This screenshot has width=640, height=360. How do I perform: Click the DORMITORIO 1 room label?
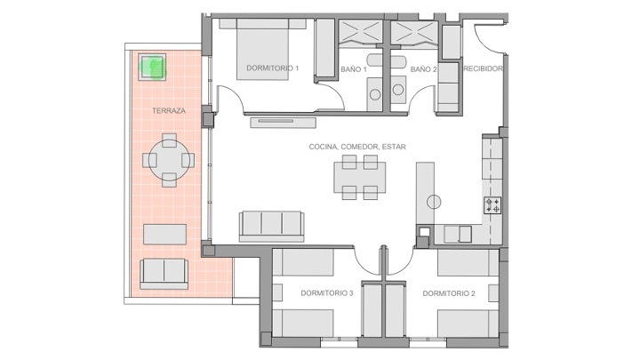click(272, 68)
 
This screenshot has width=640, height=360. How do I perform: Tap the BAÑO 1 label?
click(354, 69)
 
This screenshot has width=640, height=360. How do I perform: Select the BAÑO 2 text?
click(423, 69)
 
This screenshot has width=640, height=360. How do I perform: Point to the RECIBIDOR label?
click(484, 68)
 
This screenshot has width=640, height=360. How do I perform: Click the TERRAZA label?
click(169, 110)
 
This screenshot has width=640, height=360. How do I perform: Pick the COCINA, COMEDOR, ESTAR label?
click(357, 147)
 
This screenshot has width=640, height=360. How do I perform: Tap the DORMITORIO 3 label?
click(327, 293)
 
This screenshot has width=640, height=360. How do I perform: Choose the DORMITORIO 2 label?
click(449, 293)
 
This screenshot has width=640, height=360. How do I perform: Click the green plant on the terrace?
click(152, 67)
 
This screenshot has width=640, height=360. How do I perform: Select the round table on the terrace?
click(169, 160)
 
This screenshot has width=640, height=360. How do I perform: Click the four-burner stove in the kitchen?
click(492, 205)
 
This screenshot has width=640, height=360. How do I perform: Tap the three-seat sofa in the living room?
click(271, 226)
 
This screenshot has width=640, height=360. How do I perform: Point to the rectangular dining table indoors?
click(360, 178)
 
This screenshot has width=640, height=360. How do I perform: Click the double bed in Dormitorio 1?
click(263, 49)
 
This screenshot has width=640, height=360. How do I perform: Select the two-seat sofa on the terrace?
click(164, 274)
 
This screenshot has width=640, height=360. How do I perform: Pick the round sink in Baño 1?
click(375, 95)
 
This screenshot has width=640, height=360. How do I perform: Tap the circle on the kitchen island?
click(434, 202)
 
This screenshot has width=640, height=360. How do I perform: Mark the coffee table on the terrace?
click(165, 235)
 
